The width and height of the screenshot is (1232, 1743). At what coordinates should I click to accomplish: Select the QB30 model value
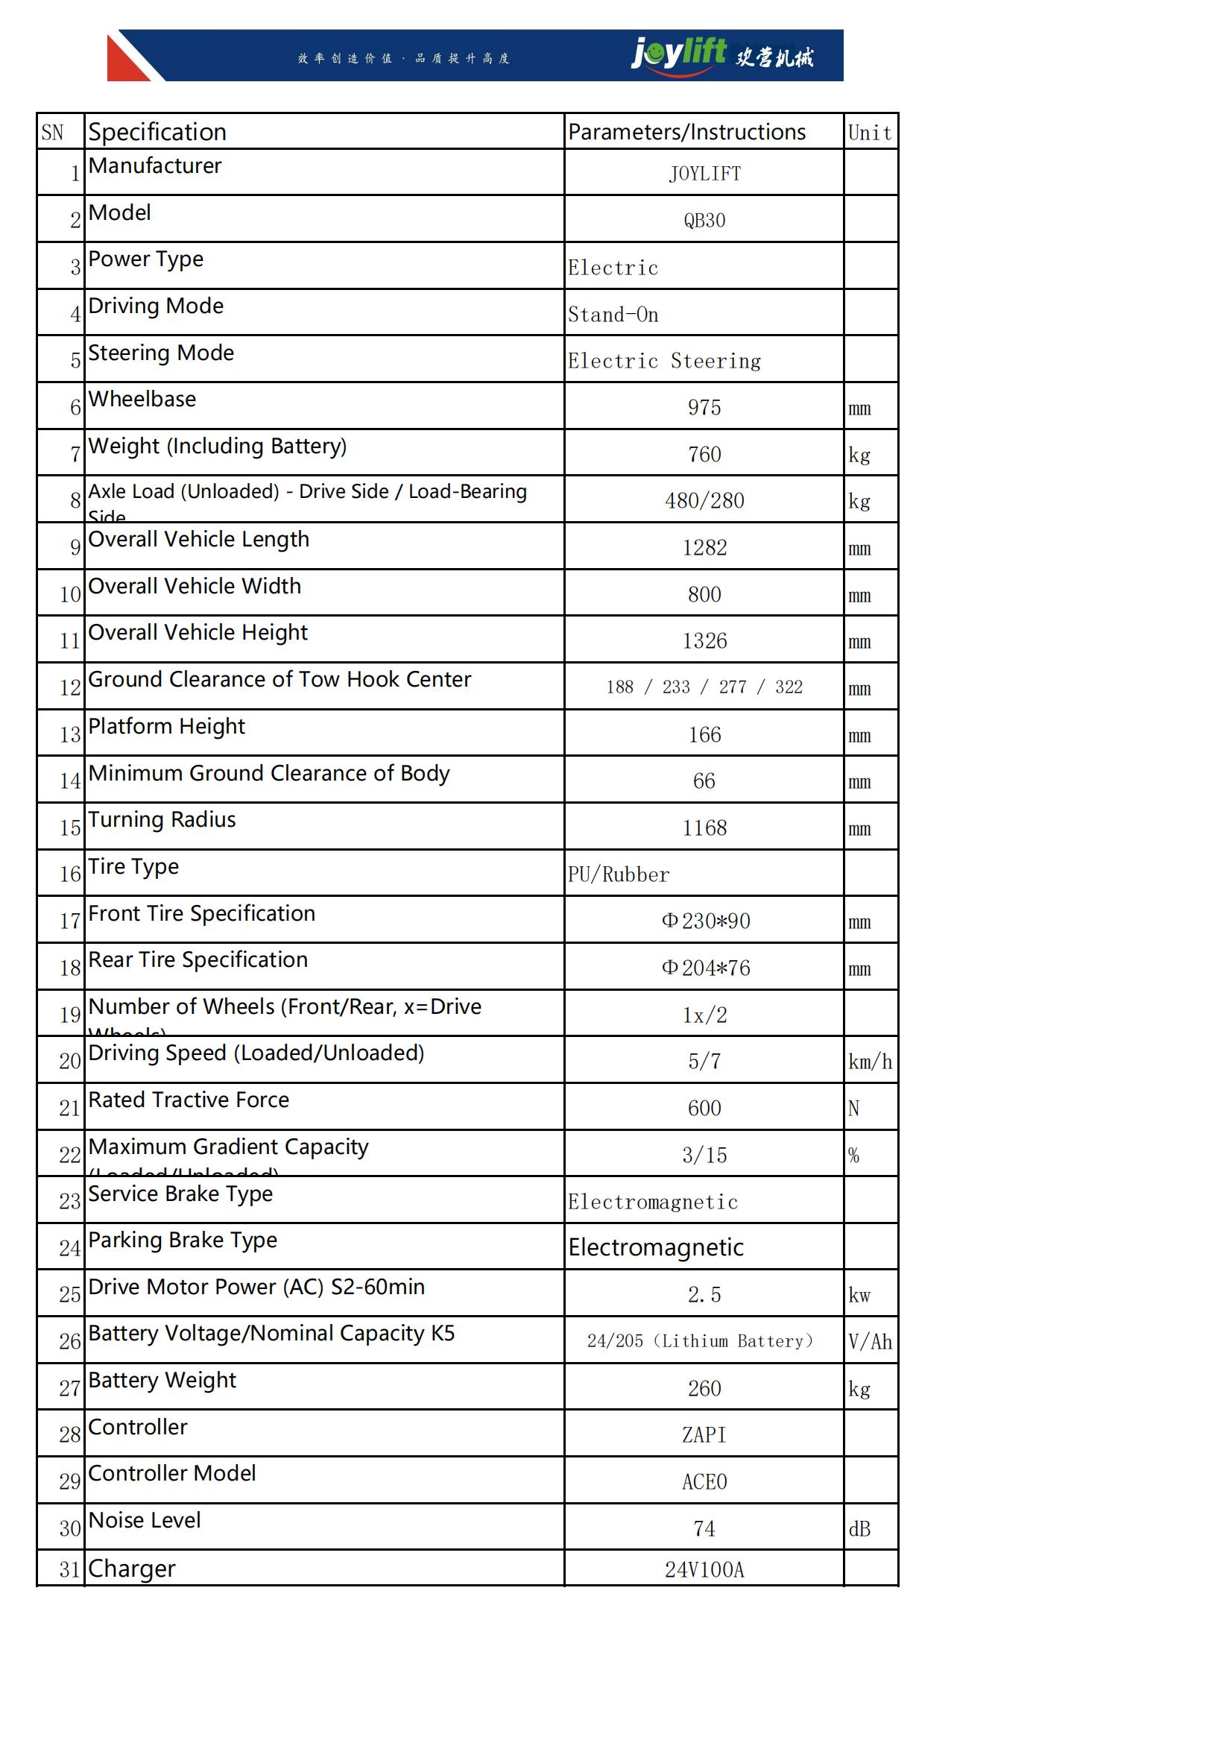coord(704,220)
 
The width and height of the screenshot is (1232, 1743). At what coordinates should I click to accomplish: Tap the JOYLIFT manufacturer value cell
coord(704,174)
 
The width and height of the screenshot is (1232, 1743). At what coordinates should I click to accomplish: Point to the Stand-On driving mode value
coord(613,315)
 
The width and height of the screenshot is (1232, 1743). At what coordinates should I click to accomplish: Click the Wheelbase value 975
coord(704,408)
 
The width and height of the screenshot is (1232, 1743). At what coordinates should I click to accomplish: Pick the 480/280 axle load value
coord(704,501)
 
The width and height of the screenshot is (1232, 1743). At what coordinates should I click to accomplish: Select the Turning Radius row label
coord(162,820)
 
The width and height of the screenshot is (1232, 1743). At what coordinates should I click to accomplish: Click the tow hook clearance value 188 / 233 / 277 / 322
coord(704,687)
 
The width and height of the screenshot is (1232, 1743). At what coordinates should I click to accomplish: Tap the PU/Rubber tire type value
coord(618,874)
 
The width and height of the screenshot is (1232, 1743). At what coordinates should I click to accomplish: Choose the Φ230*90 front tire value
coord(705,921)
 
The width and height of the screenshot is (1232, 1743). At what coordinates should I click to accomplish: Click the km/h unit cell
coord(870,1062)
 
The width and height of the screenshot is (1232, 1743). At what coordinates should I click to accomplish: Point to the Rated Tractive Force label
coord(189,1100)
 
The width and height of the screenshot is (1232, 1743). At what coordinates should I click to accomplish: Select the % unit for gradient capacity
coord(854,1156)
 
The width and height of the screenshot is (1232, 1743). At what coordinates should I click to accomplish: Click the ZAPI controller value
coord(704,1435)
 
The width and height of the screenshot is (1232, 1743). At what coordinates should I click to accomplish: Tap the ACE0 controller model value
coord(704,1482)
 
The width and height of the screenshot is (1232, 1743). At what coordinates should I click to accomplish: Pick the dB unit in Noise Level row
coord(859,1529)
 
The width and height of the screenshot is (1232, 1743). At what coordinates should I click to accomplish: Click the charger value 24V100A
coord(704,1570)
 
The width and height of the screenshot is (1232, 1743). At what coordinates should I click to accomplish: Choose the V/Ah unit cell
coord(870,1342)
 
